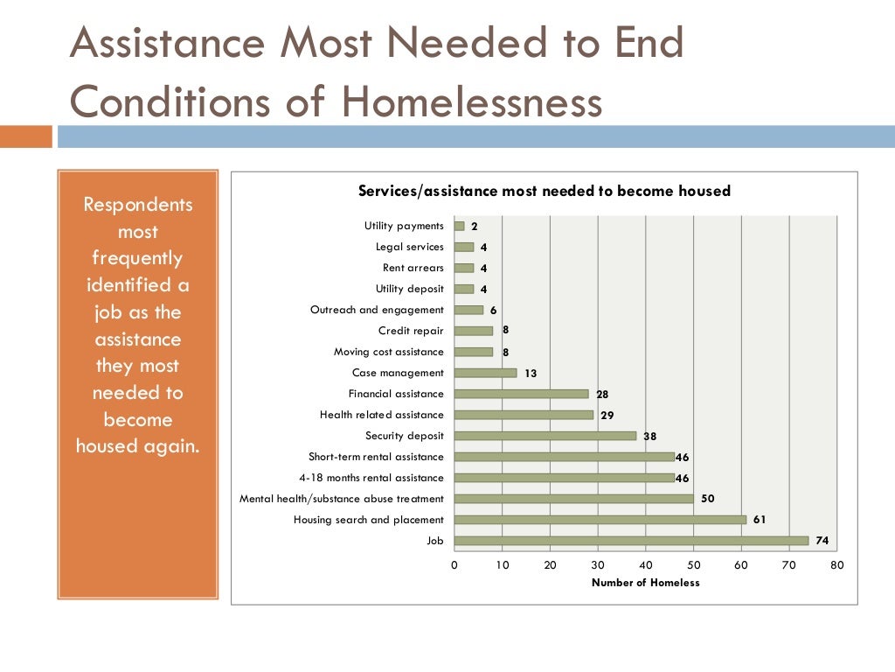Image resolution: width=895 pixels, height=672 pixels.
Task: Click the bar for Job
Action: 631,541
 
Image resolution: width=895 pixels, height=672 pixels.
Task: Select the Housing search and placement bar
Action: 600,520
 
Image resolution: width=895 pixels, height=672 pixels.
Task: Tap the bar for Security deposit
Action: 545,436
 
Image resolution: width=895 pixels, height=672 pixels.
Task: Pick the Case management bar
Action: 485,373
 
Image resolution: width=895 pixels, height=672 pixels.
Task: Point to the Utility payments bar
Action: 459,226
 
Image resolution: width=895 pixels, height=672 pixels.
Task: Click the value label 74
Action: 822,541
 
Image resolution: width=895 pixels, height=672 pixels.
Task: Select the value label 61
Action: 760,520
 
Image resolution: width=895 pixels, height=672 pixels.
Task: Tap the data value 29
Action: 607,415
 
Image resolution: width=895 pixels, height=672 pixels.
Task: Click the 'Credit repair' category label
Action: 411,331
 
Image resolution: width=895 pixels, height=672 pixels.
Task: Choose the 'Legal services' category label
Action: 409,247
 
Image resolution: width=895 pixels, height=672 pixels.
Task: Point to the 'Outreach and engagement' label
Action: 377,310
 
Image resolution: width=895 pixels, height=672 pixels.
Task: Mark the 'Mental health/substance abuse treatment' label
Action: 342,499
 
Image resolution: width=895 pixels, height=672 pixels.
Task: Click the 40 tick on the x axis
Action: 646,565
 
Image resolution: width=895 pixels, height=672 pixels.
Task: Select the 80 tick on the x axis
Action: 837,565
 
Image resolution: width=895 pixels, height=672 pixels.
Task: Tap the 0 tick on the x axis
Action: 454,565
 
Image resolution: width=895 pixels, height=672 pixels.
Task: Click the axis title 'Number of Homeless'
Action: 646,583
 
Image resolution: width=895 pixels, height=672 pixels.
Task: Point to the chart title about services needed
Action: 545,191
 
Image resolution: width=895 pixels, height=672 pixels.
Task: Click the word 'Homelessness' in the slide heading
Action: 472,101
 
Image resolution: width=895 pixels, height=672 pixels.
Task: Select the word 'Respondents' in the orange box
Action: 137,205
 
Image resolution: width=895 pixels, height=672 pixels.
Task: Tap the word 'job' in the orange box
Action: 110,312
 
